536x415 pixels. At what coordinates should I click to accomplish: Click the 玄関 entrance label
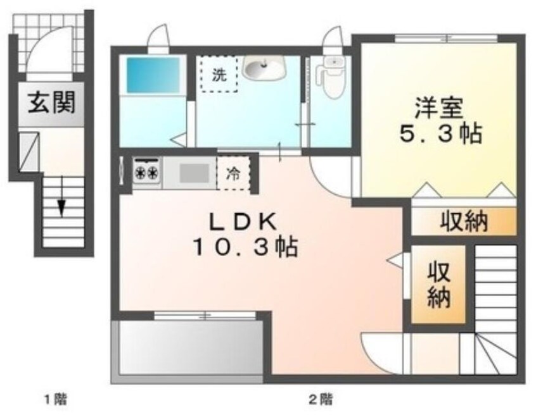[51, 102]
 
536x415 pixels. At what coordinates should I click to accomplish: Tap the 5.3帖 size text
[437, 133]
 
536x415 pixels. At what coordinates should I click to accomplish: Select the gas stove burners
[147, 173]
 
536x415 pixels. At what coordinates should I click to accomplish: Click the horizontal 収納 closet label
[464, 221]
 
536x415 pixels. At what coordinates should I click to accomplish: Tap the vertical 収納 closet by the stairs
[438, 285]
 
